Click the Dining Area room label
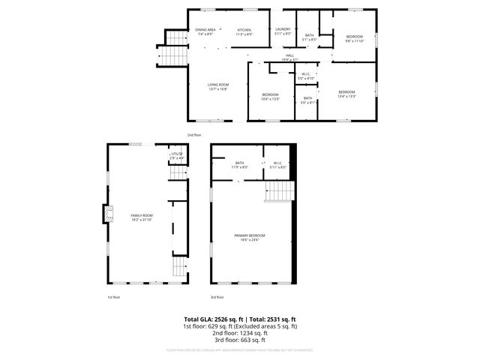[x=205, y=32]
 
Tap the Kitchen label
[x=244, y=32]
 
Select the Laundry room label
[x=282, y=31]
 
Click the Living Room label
[x=218, y=87]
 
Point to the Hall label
[x=289, y=58]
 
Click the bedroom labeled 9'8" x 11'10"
[x=354, y=39]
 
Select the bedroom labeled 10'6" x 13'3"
[x=270, y=96]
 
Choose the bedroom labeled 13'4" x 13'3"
[x=346, y=94]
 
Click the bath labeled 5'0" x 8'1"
[x=308, y=100]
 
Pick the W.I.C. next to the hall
[x=307, y=76]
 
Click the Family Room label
[x=142, y=217]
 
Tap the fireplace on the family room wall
[x=107, y=216]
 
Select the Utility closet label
[x=176, y=156]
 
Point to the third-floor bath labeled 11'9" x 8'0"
[x=239, y=165]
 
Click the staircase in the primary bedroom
[x=275, y=194]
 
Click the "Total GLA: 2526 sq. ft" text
[x=208, y=319]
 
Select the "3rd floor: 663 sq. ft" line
[x=239, y=340]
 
